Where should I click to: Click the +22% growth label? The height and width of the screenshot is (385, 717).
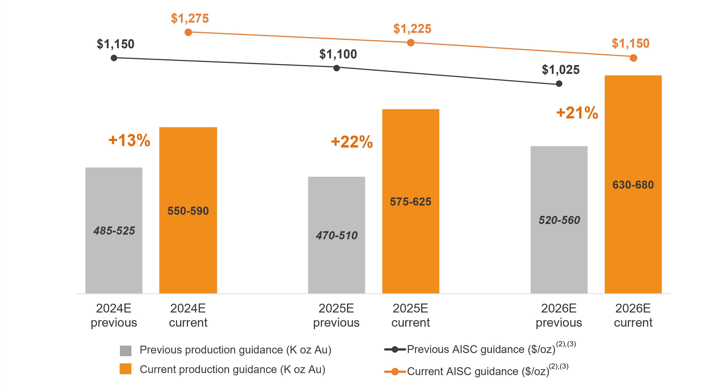[x=352, y=142]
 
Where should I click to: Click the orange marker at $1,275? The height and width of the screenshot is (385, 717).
[x=188, y=32]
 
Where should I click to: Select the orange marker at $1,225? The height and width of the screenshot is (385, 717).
[x=410, y=43]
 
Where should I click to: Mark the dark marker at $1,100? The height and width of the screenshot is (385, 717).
[x=337, y=68]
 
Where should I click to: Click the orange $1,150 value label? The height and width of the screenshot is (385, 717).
[x=630, y=43]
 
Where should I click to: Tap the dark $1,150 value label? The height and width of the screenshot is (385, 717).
[x=115, y=44]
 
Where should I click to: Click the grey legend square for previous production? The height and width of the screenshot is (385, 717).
[x=126, y=351]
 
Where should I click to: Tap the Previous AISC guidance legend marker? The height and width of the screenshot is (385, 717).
[x=395, y=349]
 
